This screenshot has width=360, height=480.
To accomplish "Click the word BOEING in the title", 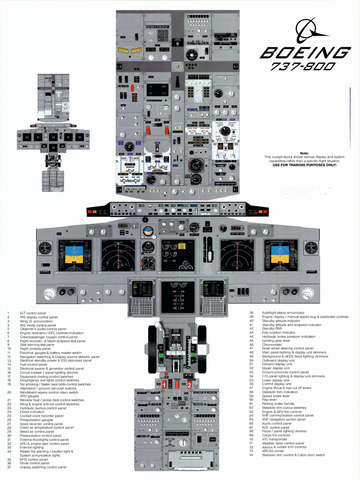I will (305, 53).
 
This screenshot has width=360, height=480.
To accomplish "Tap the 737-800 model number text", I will (303, 67).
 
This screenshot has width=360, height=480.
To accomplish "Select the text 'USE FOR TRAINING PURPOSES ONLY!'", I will (304, 165).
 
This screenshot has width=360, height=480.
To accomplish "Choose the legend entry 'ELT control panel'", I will (33, 313).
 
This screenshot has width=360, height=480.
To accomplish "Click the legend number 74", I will (251, 455).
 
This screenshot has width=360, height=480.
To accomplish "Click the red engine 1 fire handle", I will (164, 384).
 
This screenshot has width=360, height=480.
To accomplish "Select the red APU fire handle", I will (177, 384).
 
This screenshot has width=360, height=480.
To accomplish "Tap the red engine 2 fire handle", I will (189, 384).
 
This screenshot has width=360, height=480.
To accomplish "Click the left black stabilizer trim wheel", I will (152, 349).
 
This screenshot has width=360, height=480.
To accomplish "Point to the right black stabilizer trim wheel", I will (202, 349).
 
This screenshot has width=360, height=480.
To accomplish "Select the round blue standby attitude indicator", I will (148, 231).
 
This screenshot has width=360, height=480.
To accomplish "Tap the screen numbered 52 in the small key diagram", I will (53, 137).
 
